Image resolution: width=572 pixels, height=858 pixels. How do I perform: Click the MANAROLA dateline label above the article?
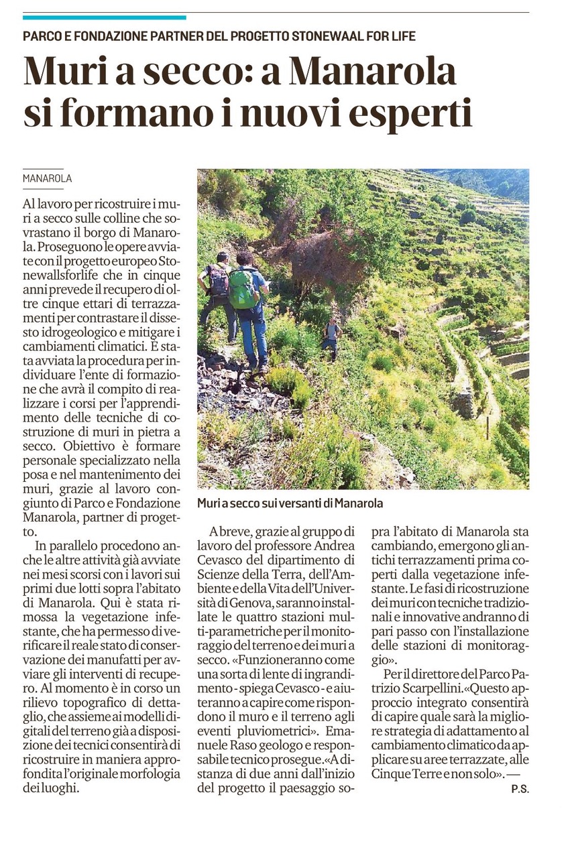coord(47,179)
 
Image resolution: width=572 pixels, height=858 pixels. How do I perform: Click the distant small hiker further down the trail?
coord(331,336)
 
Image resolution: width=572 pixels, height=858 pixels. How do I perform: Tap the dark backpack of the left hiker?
coord(219,280)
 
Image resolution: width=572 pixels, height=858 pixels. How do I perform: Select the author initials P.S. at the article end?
coord(519,789)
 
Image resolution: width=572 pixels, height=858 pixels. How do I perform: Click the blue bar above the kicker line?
coord(104,17)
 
